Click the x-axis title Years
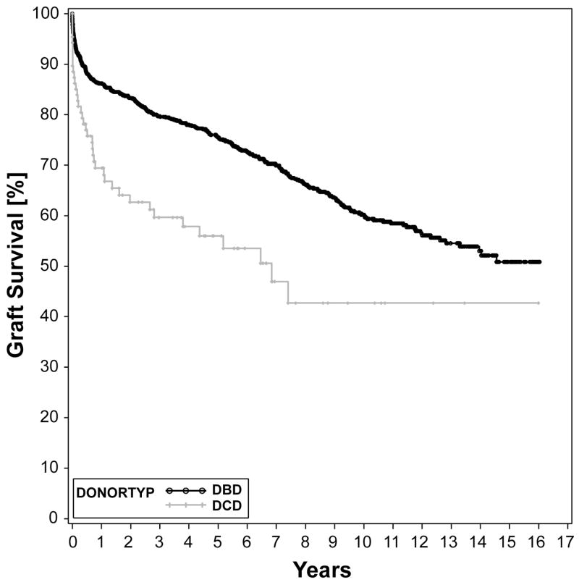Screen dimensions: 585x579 tap(321, 569)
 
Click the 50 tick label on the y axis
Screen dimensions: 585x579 tap(51, 266)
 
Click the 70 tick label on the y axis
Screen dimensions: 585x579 tap(51, 165)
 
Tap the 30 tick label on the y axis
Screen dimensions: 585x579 tap(51, 367)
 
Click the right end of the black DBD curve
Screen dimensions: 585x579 tap(539, 261)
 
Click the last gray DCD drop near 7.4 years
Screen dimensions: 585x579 tap(288, 292)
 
